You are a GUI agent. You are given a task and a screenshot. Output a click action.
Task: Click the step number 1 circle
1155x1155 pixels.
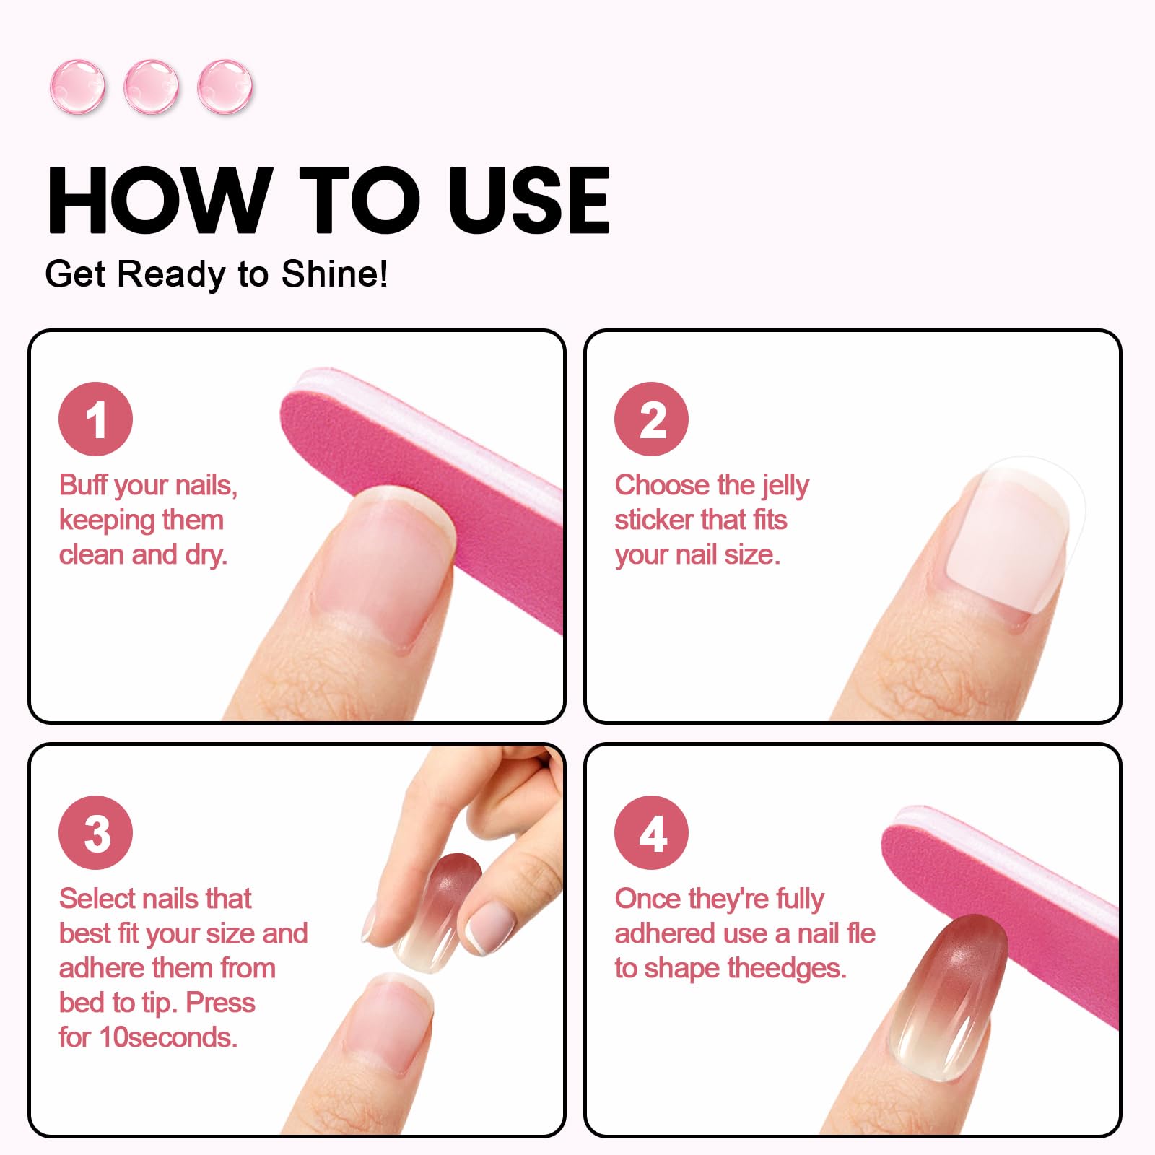tap(95, 419)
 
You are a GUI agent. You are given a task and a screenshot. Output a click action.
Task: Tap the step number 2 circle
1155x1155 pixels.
tap(651, 419)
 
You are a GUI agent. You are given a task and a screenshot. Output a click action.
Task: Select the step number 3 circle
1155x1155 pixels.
tap(95, 832)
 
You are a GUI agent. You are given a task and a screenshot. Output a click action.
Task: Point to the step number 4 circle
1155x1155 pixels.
tap(651, 832)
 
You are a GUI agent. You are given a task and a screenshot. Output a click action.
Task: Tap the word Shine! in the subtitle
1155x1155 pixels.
tap(335, 274)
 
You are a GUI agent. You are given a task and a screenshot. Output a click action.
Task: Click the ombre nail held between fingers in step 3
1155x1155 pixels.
tap(437, 911)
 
